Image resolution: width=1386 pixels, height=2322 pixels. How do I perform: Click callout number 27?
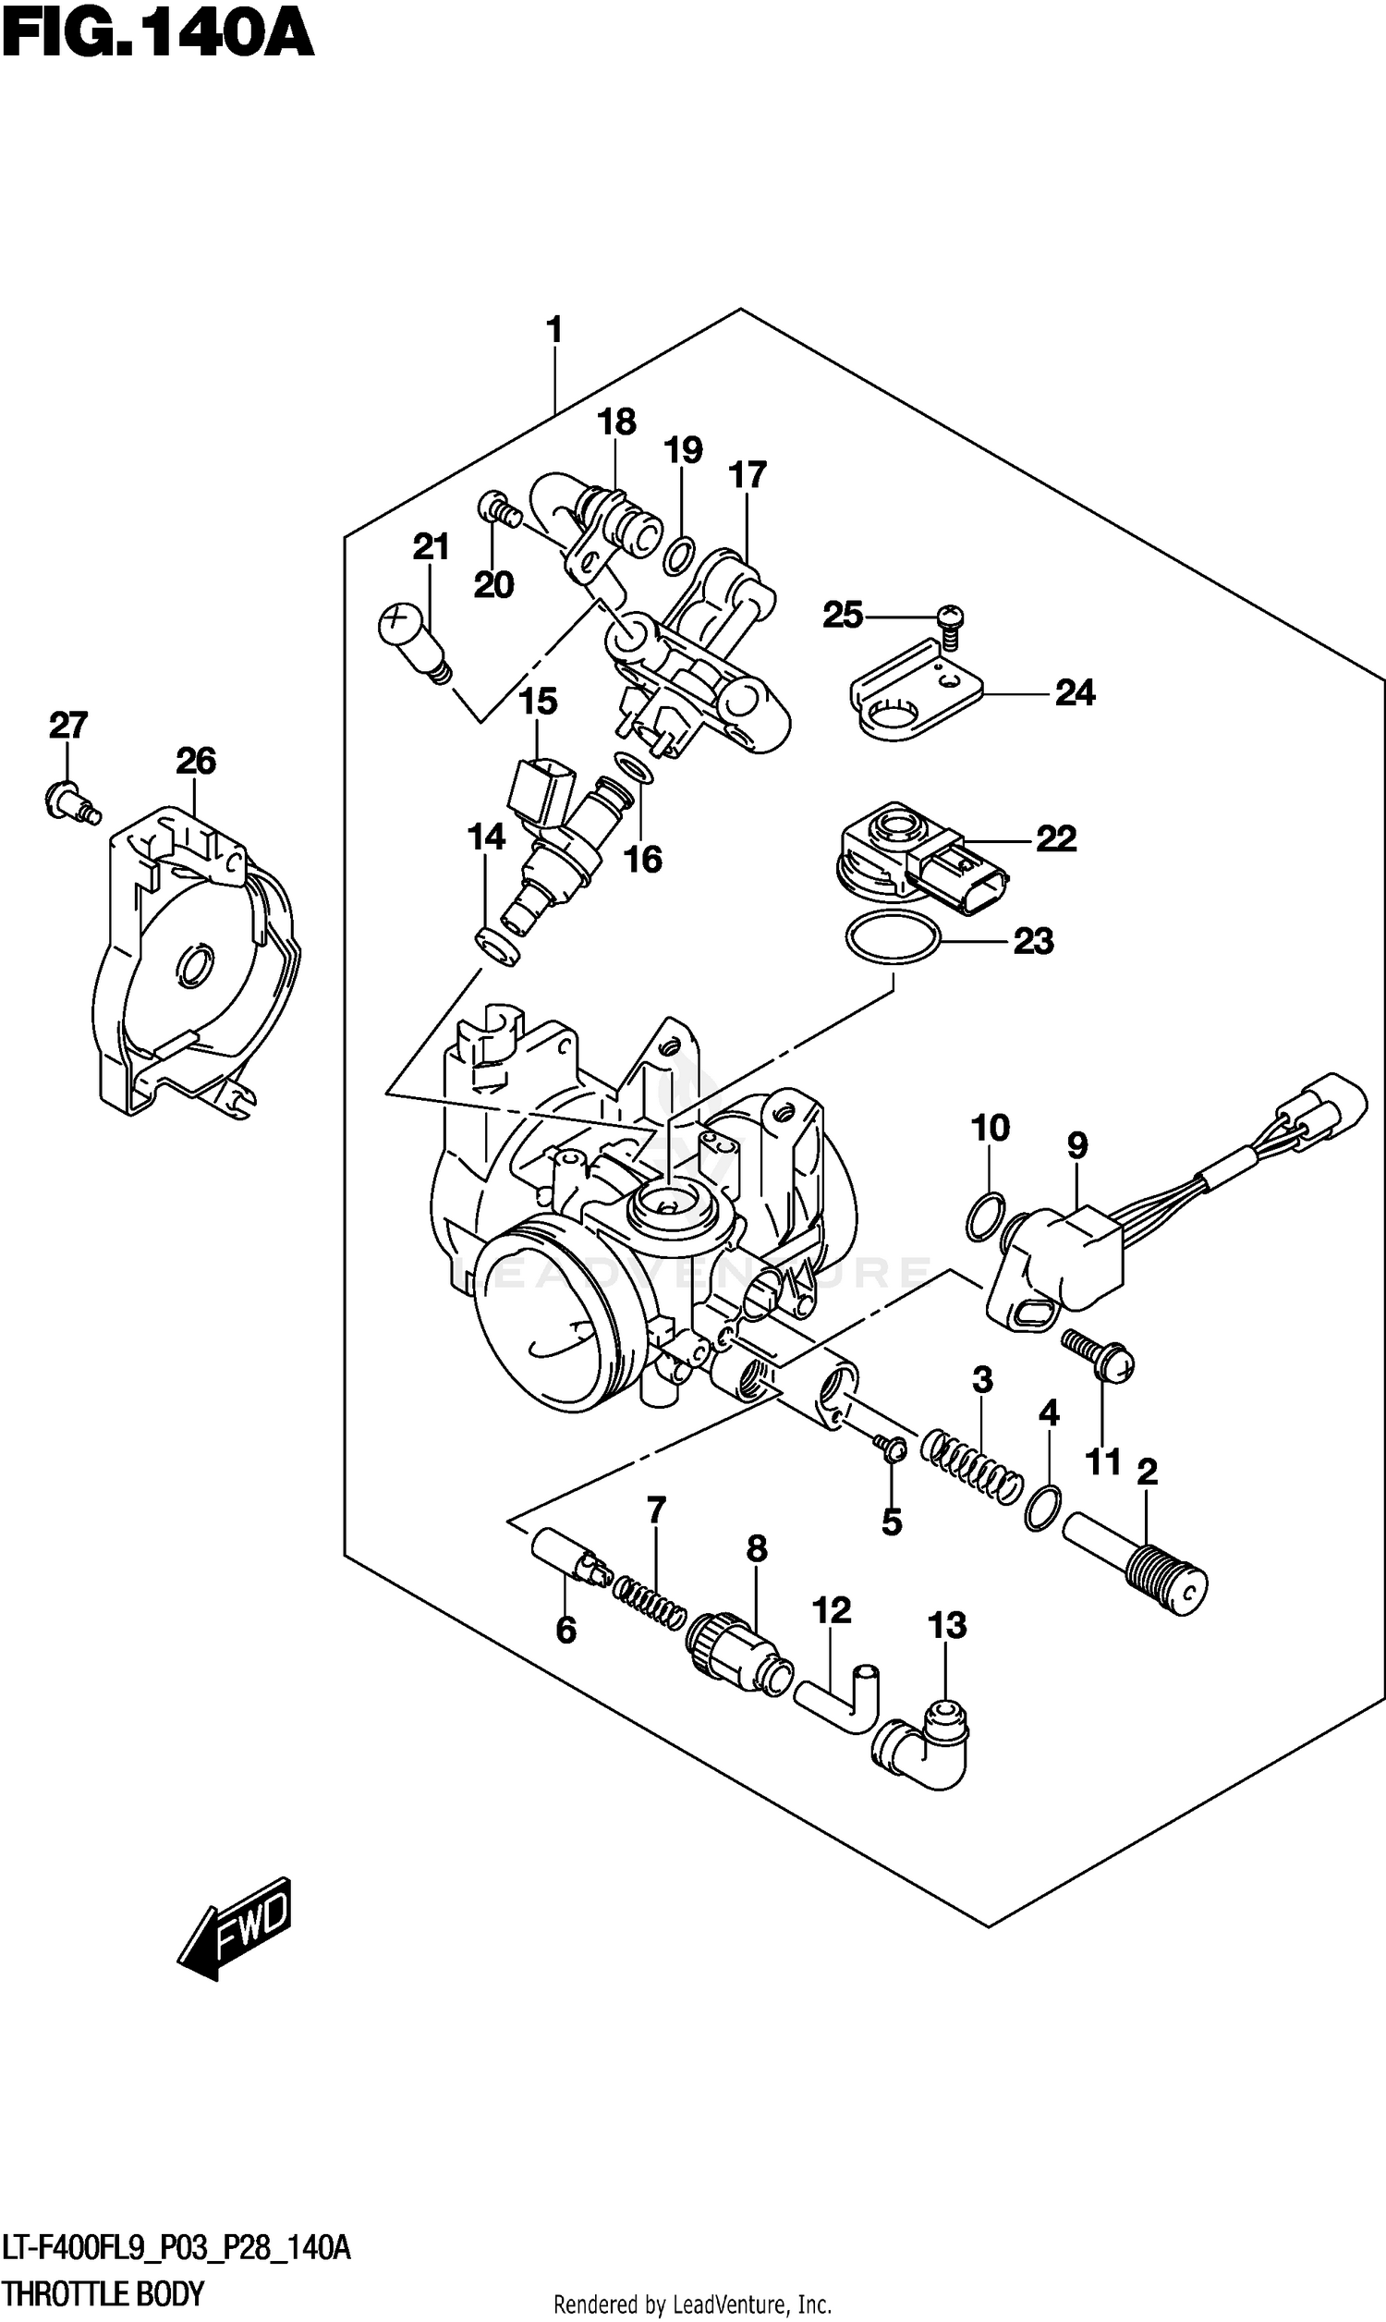(68, 725)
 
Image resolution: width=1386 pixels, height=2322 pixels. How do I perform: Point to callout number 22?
(1055, 838)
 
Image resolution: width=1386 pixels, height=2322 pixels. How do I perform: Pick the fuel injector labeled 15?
(560, 831)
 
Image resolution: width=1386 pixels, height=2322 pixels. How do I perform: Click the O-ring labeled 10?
(985, 1218)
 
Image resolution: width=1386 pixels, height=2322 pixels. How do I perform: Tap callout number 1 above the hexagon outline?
(553, 331)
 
